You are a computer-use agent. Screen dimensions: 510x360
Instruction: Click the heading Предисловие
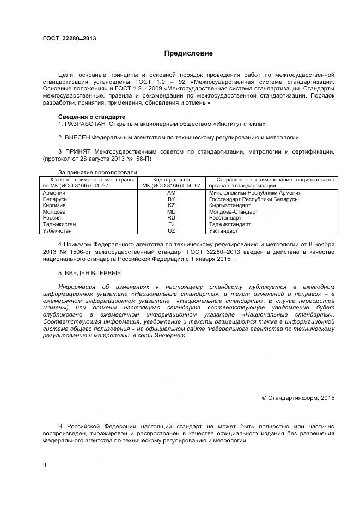pyautogui.click(x=188, y=53)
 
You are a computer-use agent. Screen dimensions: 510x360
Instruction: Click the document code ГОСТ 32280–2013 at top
pyautogui.click(x=69, y=38)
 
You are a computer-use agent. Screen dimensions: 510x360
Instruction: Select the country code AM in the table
pyautogui.click(x=171, y=193)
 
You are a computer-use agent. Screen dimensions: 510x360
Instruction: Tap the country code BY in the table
pyautogui.click(x=171, y=199)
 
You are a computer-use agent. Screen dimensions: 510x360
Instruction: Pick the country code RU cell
pyautogui.click(x=171, y=218)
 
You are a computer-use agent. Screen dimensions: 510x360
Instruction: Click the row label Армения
pyautogui.click(x=54, y=193)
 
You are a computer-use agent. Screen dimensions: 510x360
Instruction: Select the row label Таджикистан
pyautogui.click(x=59, y=224)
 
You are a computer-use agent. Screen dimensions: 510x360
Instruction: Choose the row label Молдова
pyautogui.click(x=54, y=212)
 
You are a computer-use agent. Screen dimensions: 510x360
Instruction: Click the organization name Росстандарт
pyautogui.click(x=225, y=218)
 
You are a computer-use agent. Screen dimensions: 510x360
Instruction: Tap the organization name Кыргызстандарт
pyautogui.click(x=230, y=205)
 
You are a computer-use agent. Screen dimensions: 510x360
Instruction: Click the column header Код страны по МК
pyautogui.click(x=171, y=183)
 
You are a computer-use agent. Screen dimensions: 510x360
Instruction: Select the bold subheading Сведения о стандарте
pyautogui.click(x=91, y=117)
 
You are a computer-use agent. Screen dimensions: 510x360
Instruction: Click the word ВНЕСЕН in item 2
pyautogui.click(x=77, y=138)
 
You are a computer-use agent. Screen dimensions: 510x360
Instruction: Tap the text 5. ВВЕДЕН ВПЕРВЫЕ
pyautogui.click(x=89, y=272)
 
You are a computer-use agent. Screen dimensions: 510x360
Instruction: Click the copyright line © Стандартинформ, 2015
pyautogui.click(x=298, y=398)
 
